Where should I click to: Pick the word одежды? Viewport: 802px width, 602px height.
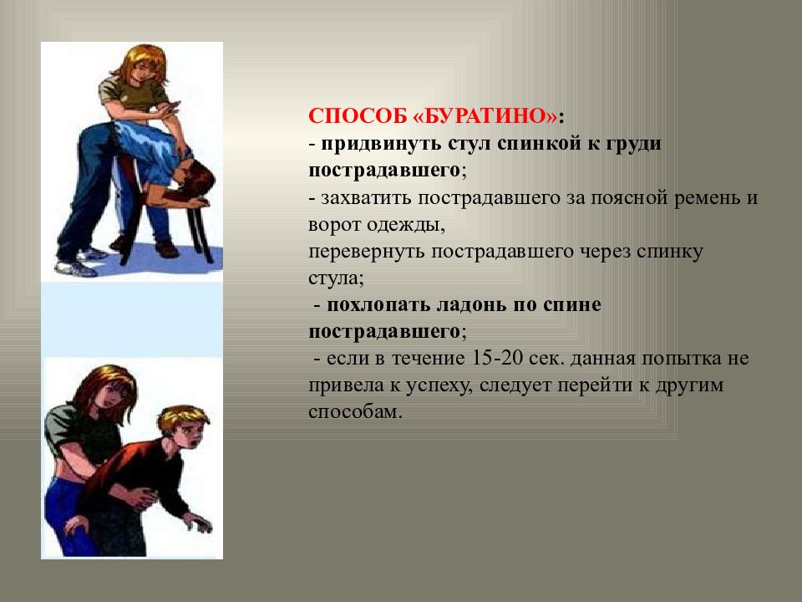pos(404,226)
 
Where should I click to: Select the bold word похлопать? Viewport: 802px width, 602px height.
pos(378,306)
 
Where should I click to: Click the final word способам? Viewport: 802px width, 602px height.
pos(355,412)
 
